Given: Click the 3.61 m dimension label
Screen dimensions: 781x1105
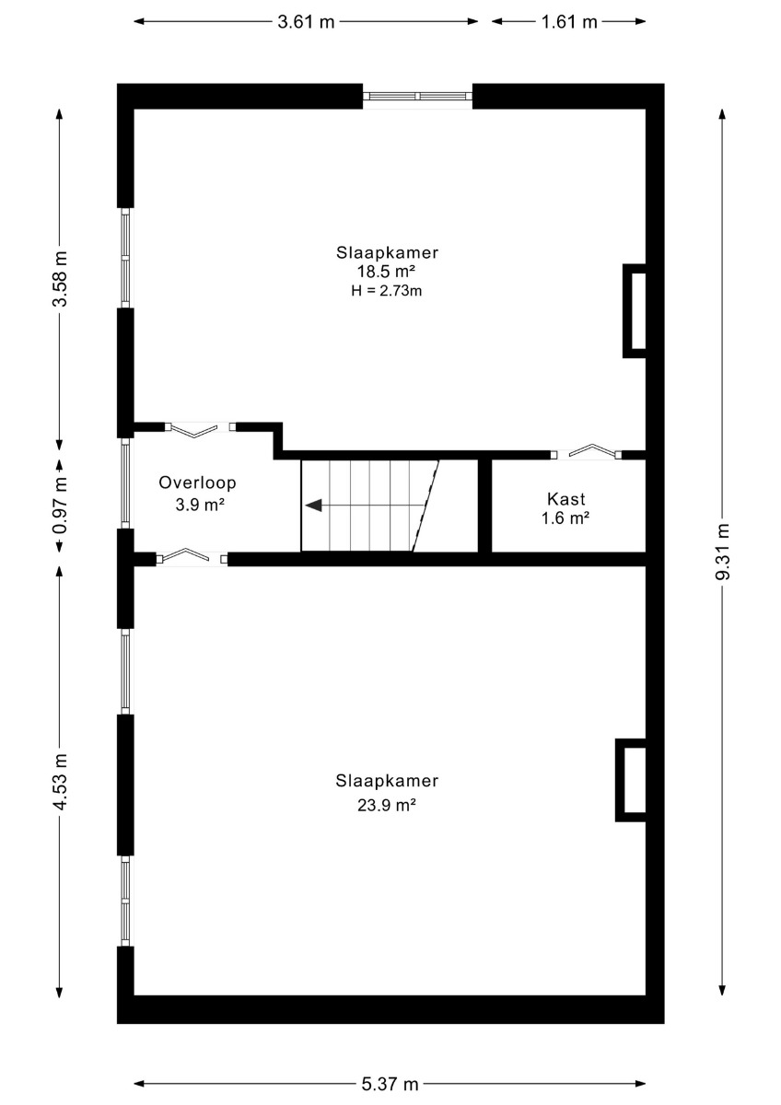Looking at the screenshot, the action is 306,22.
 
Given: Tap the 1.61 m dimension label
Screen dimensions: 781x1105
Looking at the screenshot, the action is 569,22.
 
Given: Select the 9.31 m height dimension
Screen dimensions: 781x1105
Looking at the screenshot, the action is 723,551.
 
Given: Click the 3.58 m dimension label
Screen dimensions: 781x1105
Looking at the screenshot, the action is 60,279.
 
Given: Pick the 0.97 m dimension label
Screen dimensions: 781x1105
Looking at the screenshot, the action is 60,506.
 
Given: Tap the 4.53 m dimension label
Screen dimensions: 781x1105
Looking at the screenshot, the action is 60,782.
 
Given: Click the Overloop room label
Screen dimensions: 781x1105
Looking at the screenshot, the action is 197,483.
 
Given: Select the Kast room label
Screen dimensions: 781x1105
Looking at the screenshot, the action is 565,499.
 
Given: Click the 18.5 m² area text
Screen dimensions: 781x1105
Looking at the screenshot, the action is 386,272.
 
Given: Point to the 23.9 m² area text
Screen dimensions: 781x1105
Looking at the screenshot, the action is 387,805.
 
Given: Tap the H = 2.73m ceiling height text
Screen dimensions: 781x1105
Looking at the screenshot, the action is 386,291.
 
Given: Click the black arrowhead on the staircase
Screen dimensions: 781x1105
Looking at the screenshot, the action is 314,506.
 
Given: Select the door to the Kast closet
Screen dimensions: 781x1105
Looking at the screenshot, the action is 586,452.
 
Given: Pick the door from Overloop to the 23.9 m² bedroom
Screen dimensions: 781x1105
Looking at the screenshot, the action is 192,556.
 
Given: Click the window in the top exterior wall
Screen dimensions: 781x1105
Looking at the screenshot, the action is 418,96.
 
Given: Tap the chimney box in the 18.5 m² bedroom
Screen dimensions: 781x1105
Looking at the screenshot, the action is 635,311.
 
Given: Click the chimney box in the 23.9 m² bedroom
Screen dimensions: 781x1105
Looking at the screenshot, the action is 631,780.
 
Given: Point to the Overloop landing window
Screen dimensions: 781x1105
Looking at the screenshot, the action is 125,483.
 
